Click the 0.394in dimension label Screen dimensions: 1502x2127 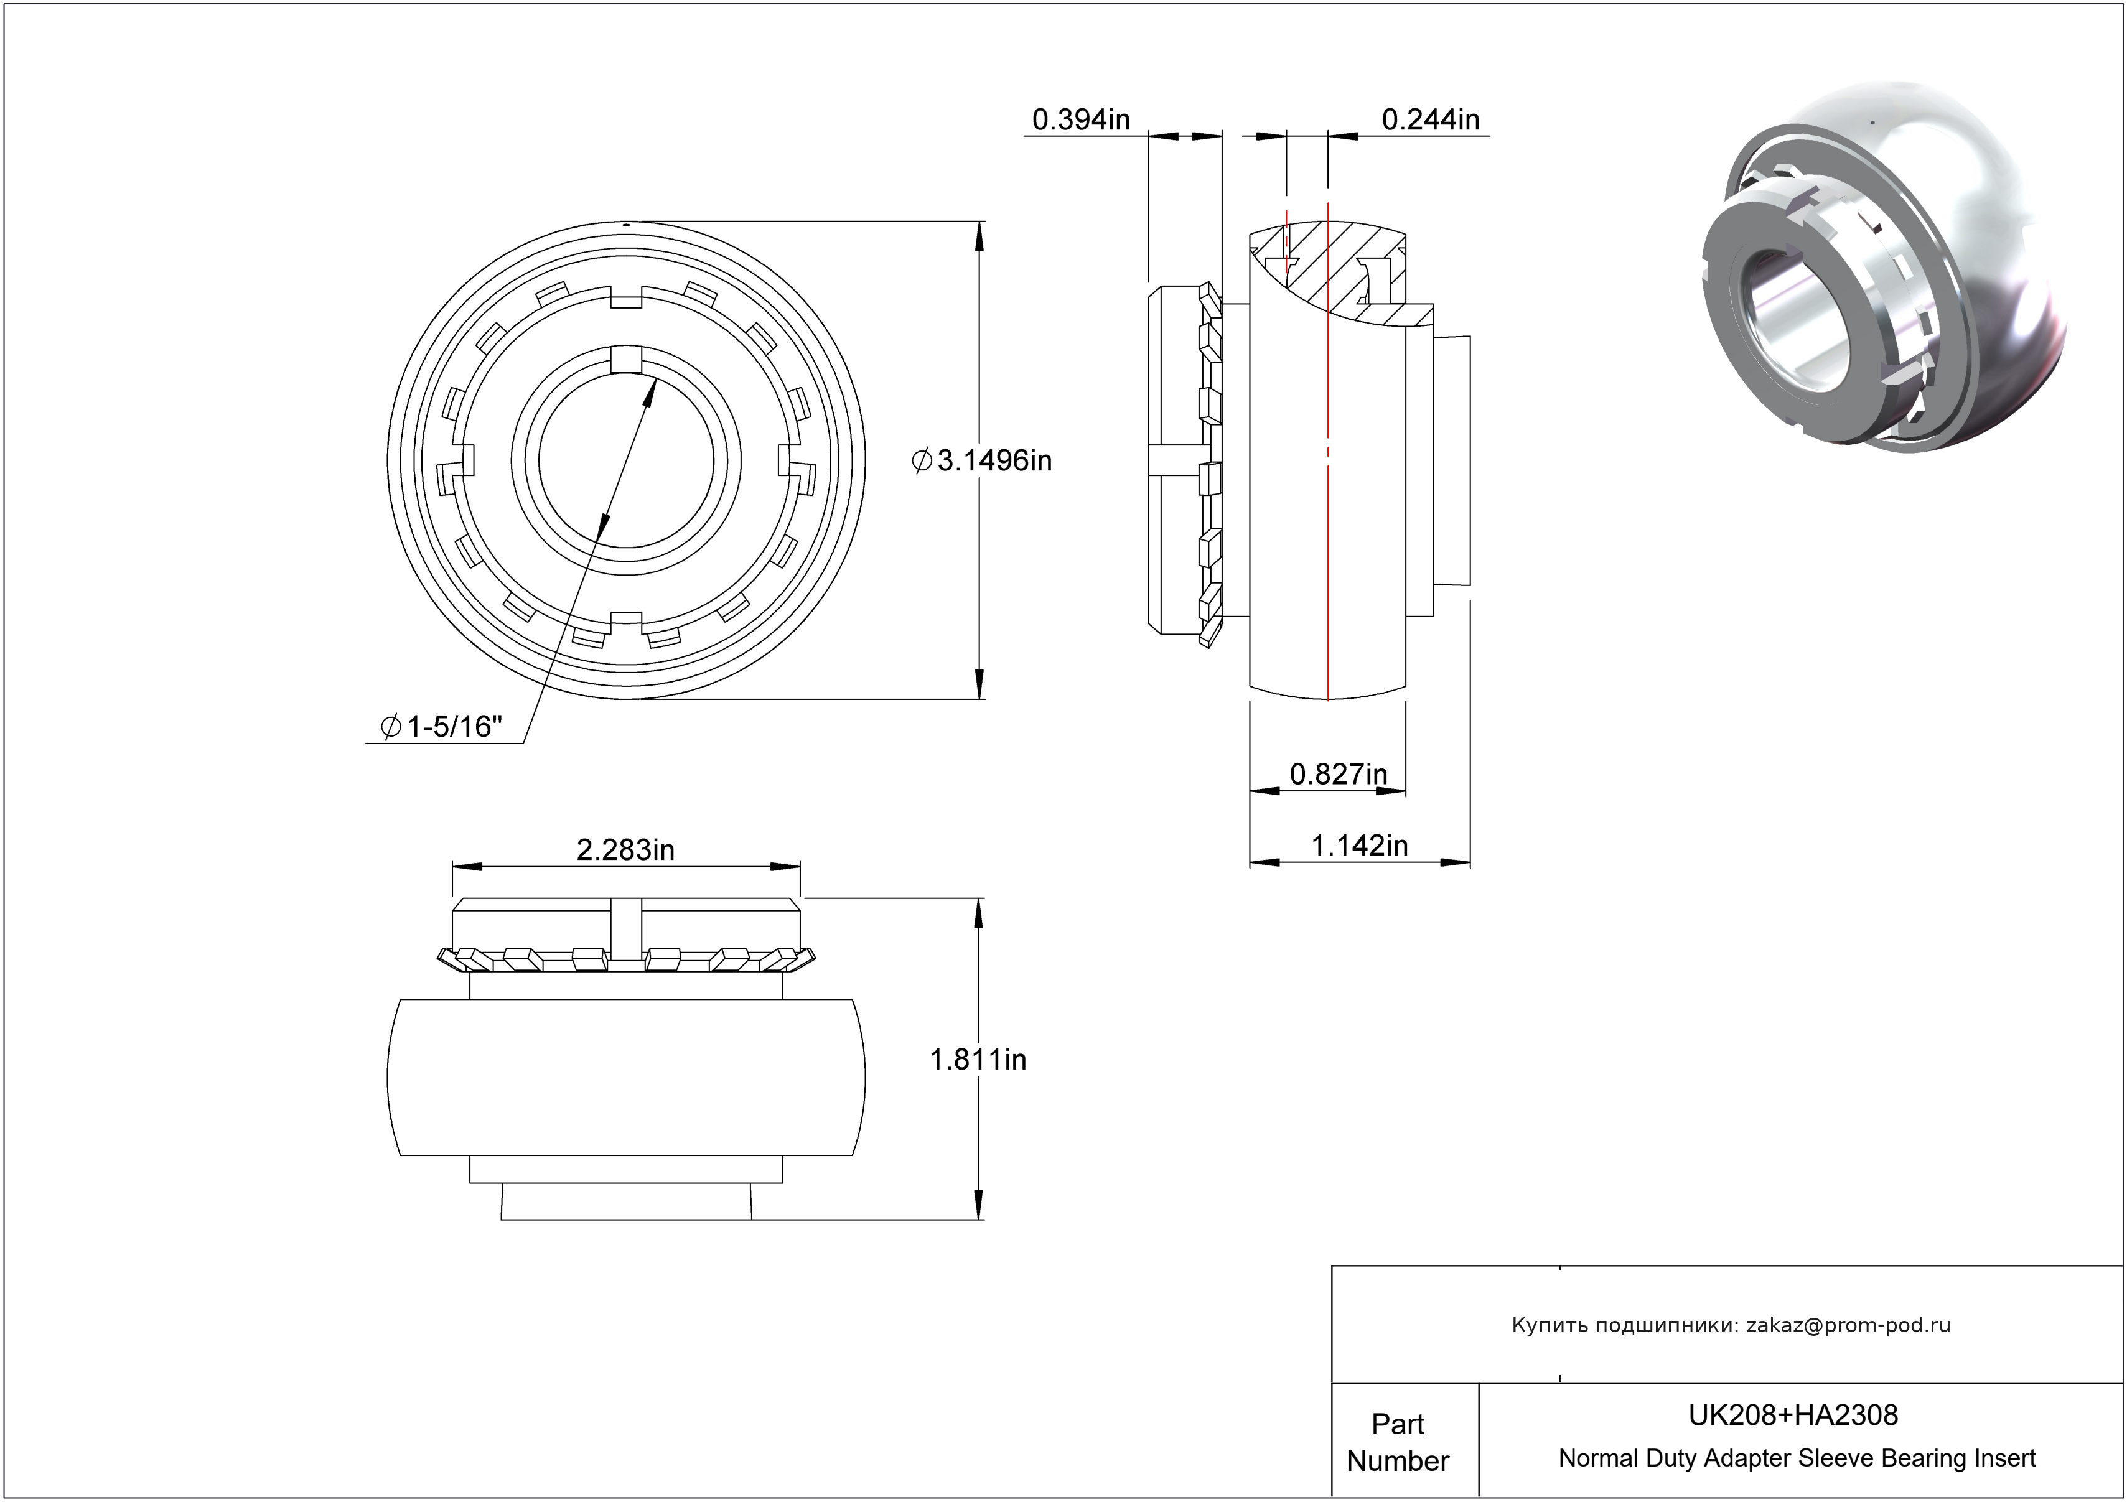1080,119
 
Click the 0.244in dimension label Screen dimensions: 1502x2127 1431,119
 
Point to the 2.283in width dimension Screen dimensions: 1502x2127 625,849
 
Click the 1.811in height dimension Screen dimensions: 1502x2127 978,1060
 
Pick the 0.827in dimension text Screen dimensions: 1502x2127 1338,773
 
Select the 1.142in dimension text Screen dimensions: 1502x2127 1359,846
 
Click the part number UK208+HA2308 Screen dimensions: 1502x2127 1793,1415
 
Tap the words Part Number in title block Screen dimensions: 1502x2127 1397,1442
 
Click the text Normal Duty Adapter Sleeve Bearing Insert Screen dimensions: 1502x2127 1797,1458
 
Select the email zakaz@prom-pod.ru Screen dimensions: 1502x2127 1848,1325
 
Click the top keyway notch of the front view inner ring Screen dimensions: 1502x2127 626,359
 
